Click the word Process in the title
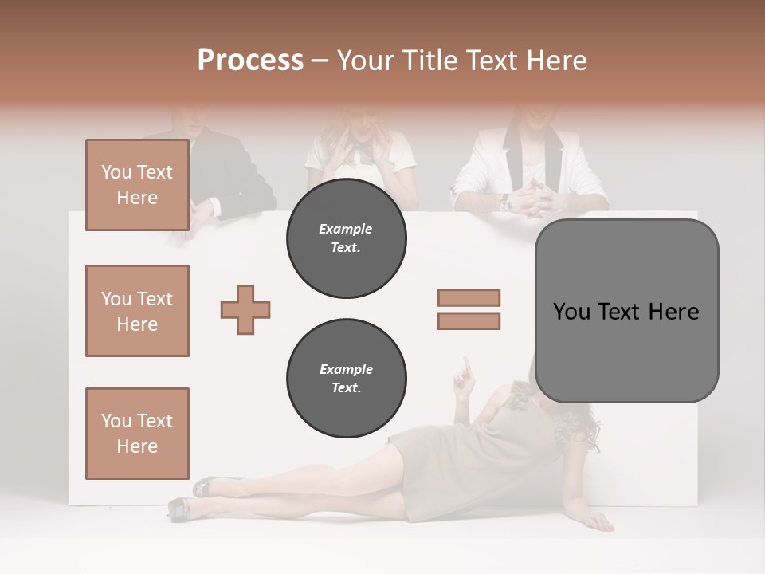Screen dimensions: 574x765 [x=250, y=61]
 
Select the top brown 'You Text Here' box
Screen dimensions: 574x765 [x=137, y=185]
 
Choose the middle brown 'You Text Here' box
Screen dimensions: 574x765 [x=137, y=311]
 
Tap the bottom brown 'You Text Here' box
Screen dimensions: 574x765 [x=137, y=434]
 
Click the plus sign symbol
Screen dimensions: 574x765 [x=245, y=309]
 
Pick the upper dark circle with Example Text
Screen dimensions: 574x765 [x=346, y=238]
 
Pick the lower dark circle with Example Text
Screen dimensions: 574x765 [x=346, y=378]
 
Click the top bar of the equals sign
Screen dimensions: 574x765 [x=469, y=297]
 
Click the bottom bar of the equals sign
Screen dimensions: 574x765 [x=469, y=321]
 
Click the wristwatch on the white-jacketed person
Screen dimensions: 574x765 [x=504, y=204]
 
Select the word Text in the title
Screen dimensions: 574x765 [x=492, y=61]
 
